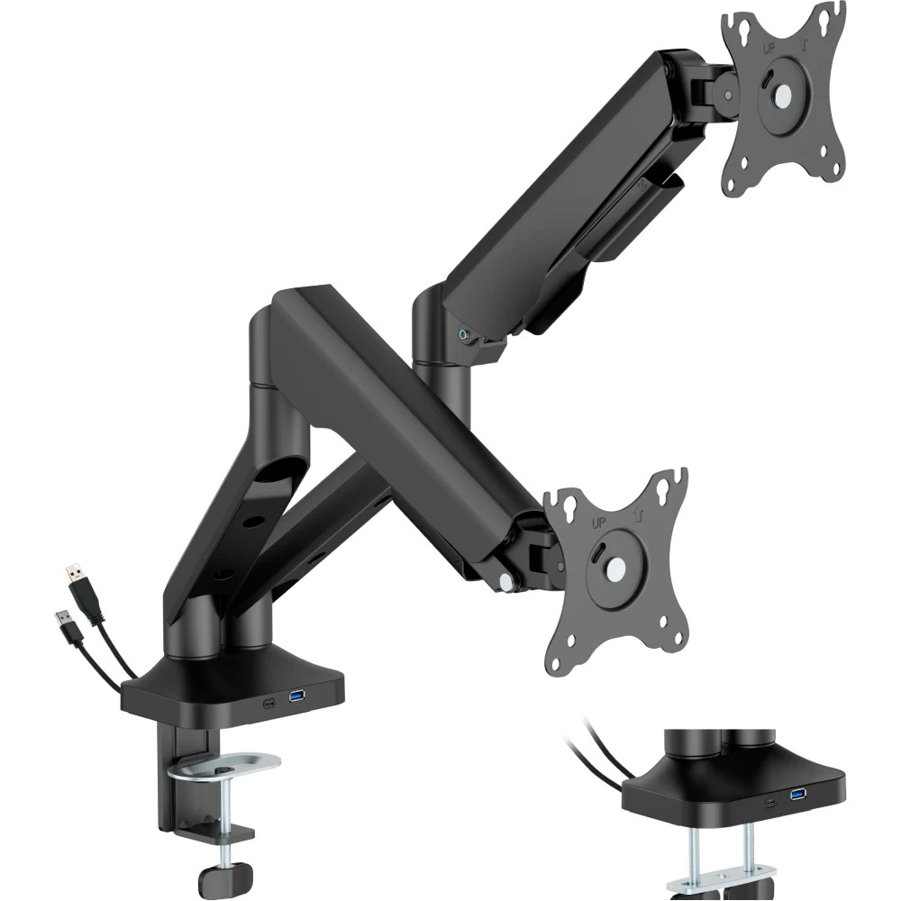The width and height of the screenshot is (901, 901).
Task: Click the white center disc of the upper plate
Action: (x=781, y=96)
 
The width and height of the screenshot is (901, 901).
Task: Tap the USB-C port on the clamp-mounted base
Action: (x=268, y=705)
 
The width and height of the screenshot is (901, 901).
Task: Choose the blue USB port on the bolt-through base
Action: (x=798, y=794)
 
